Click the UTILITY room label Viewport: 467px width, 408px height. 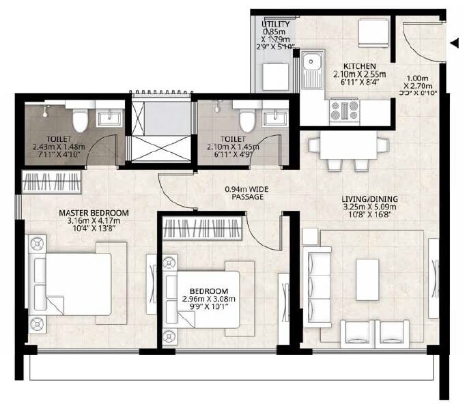[x=275, y=25]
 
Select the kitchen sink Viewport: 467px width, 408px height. [x=313, y=69]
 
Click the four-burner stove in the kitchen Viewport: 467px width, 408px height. [x=344, y=110]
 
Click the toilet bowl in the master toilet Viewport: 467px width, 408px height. [x=79, y=119]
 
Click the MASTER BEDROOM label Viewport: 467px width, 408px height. [x=89, y=213]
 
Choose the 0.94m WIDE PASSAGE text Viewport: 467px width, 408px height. [x=245, y=192]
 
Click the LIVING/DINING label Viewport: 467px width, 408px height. [x=369, y=200]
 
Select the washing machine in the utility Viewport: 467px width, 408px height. [x=276, y=76]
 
